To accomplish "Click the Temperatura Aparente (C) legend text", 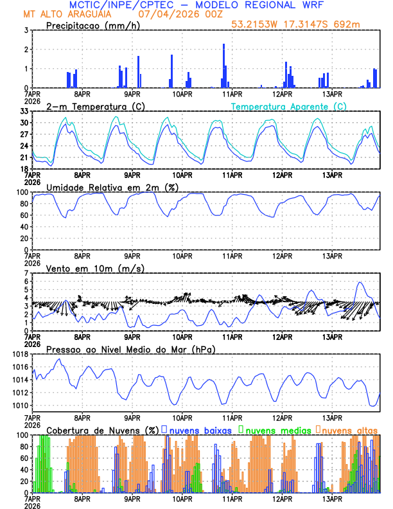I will point(289,106).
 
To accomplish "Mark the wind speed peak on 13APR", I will point(360,282).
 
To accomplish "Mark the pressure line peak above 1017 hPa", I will point(60,359).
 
